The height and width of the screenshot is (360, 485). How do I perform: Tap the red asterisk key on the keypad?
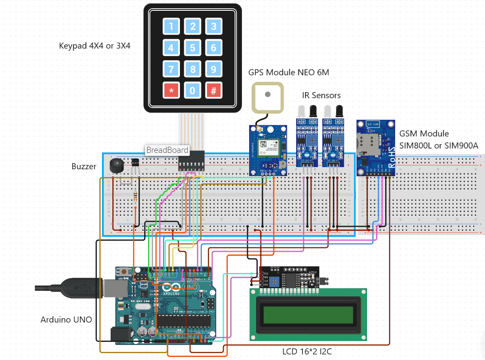pos(171,90)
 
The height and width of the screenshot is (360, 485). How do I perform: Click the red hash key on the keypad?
pos(213,90)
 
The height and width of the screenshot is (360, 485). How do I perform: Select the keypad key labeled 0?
pos(192,90)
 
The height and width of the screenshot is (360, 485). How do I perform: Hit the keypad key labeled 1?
pos(171,26)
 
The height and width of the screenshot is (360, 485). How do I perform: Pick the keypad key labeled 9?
pos(213,68)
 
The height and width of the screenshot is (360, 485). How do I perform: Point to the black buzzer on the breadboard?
pos(115,166)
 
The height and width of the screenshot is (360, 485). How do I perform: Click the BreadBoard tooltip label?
pos(167,150)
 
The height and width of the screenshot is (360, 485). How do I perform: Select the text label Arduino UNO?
pos(66,320)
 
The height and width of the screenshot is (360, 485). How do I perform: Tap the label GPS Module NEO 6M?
pos(288,72)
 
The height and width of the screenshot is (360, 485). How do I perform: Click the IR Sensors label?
pos(321,95)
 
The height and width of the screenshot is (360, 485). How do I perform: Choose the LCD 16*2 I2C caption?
pos(307,351)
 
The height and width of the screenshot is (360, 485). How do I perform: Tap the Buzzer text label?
pos(84,166)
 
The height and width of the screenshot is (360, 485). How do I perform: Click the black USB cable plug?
pos(80,288)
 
